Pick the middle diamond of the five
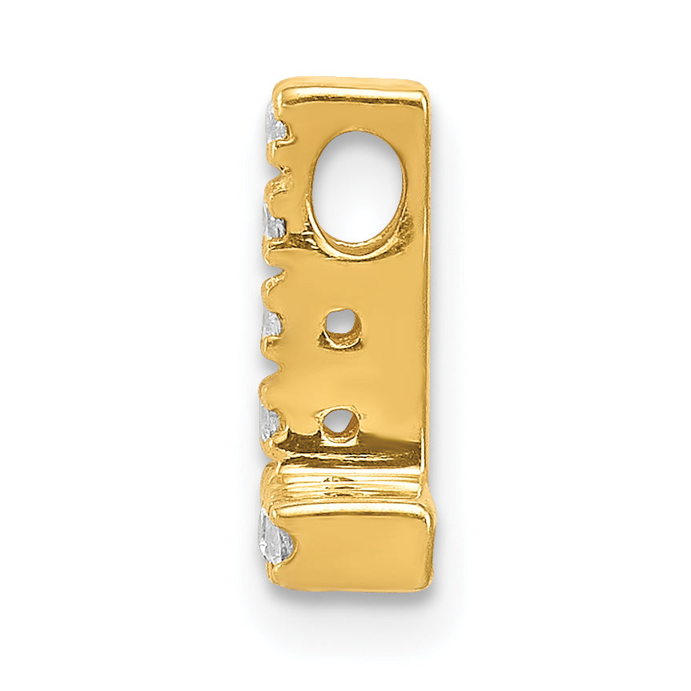click(272, 324)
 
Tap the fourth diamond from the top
click(271, 420)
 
